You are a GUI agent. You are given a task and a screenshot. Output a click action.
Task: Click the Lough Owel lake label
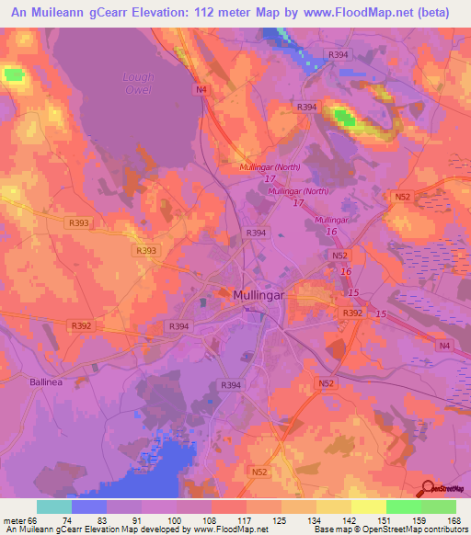pos(138,84)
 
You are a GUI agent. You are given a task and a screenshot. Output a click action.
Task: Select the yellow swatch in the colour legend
pos(368,507)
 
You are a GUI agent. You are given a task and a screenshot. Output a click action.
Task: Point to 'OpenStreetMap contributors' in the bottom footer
pos(418,529)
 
